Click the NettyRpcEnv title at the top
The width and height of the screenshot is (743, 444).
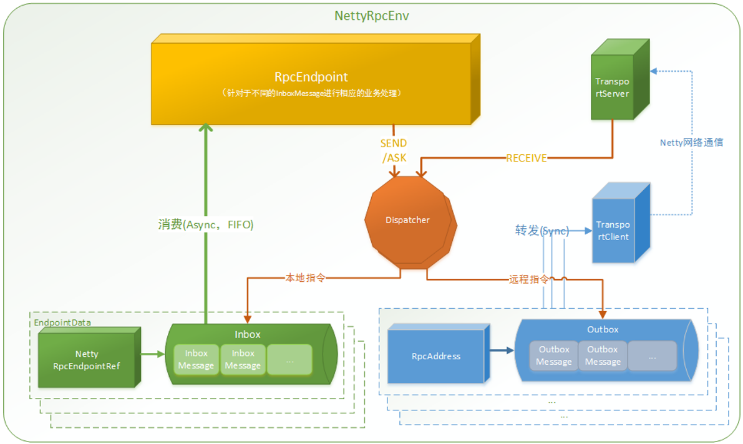(x=372, y=16)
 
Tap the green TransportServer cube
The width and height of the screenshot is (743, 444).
(x=612, y=88)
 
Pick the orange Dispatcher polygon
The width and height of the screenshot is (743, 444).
(x=407, y=220)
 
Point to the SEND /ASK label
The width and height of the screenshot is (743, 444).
(x=394, y=150)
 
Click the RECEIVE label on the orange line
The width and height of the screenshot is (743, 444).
(x=526, y=158)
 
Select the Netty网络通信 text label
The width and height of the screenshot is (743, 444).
(x=691, y=142)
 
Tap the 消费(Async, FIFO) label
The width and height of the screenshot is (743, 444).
(x=206, y=225)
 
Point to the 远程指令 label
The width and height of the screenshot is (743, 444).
(x=528, y=279)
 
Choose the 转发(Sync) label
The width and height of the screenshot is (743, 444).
(x=541, y=231)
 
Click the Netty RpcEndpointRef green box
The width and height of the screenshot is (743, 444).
(x=87, y=360)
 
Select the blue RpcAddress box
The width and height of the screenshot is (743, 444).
(x=436, y=356)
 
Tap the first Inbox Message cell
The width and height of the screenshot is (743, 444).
(x=196, y=359)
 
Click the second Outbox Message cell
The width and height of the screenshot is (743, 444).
(x=602, y=355)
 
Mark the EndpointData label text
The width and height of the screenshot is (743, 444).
(x=62, y=322)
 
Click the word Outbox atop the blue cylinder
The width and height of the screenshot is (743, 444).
(x=603, y=329)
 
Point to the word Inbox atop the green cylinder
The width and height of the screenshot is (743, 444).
(x=247, y=334)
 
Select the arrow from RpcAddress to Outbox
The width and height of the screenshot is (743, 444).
(x=501, y=350)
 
